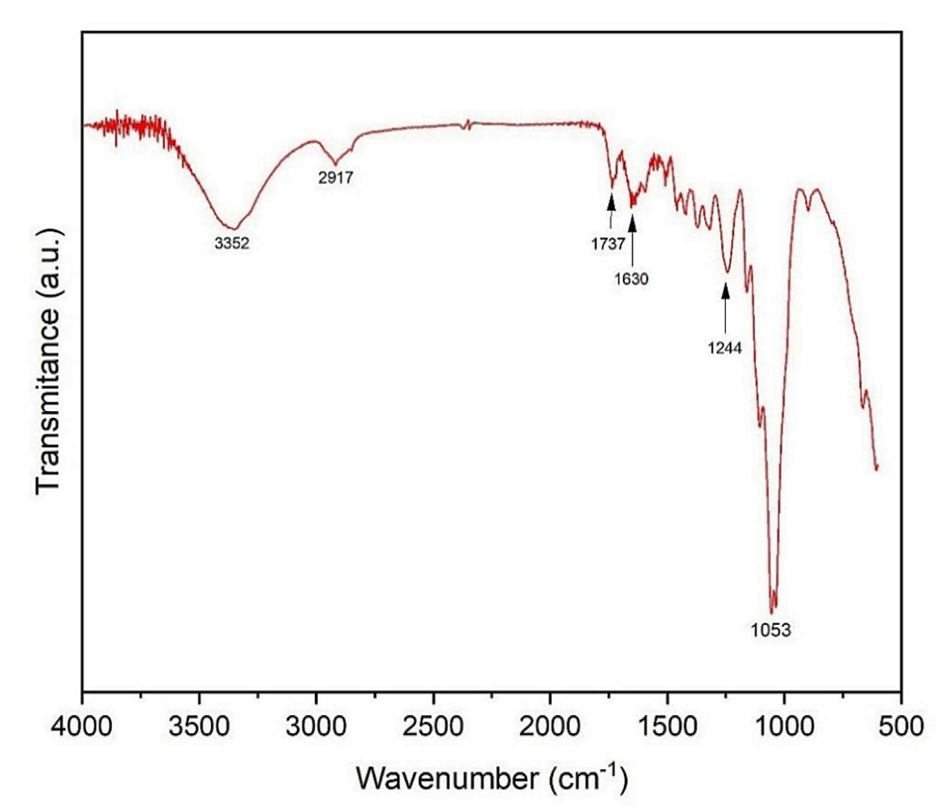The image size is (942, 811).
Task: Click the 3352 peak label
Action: coord(232,244)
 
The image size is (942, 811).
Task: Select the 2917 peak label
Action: coord(336,178)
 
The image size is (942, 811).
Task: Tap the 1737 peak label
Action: coord(608,244)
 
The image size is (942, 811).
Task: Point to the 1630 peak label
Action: coord(631,279)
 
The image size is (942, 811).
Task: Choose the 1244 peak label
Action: coord(725,348)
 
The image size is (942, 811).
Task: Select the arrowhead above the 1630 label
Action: coord(632,223)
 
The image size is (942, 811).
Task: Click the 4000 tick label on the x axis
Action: coord(82,726)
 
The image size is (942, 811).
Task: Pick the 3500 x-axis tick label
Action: coord(199,726)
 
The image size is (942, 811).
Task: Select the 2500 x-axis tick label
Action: coord(433,726)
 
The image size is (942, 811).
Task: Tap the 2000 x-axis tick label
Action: coord(551,726)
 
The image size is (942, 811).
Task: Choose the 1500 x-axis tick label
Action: coord(667,726)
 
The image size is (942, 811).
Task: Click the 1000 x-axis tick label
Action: coord(784,726)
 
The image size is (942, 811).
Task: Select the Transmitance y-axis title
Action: coord(48,361)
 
